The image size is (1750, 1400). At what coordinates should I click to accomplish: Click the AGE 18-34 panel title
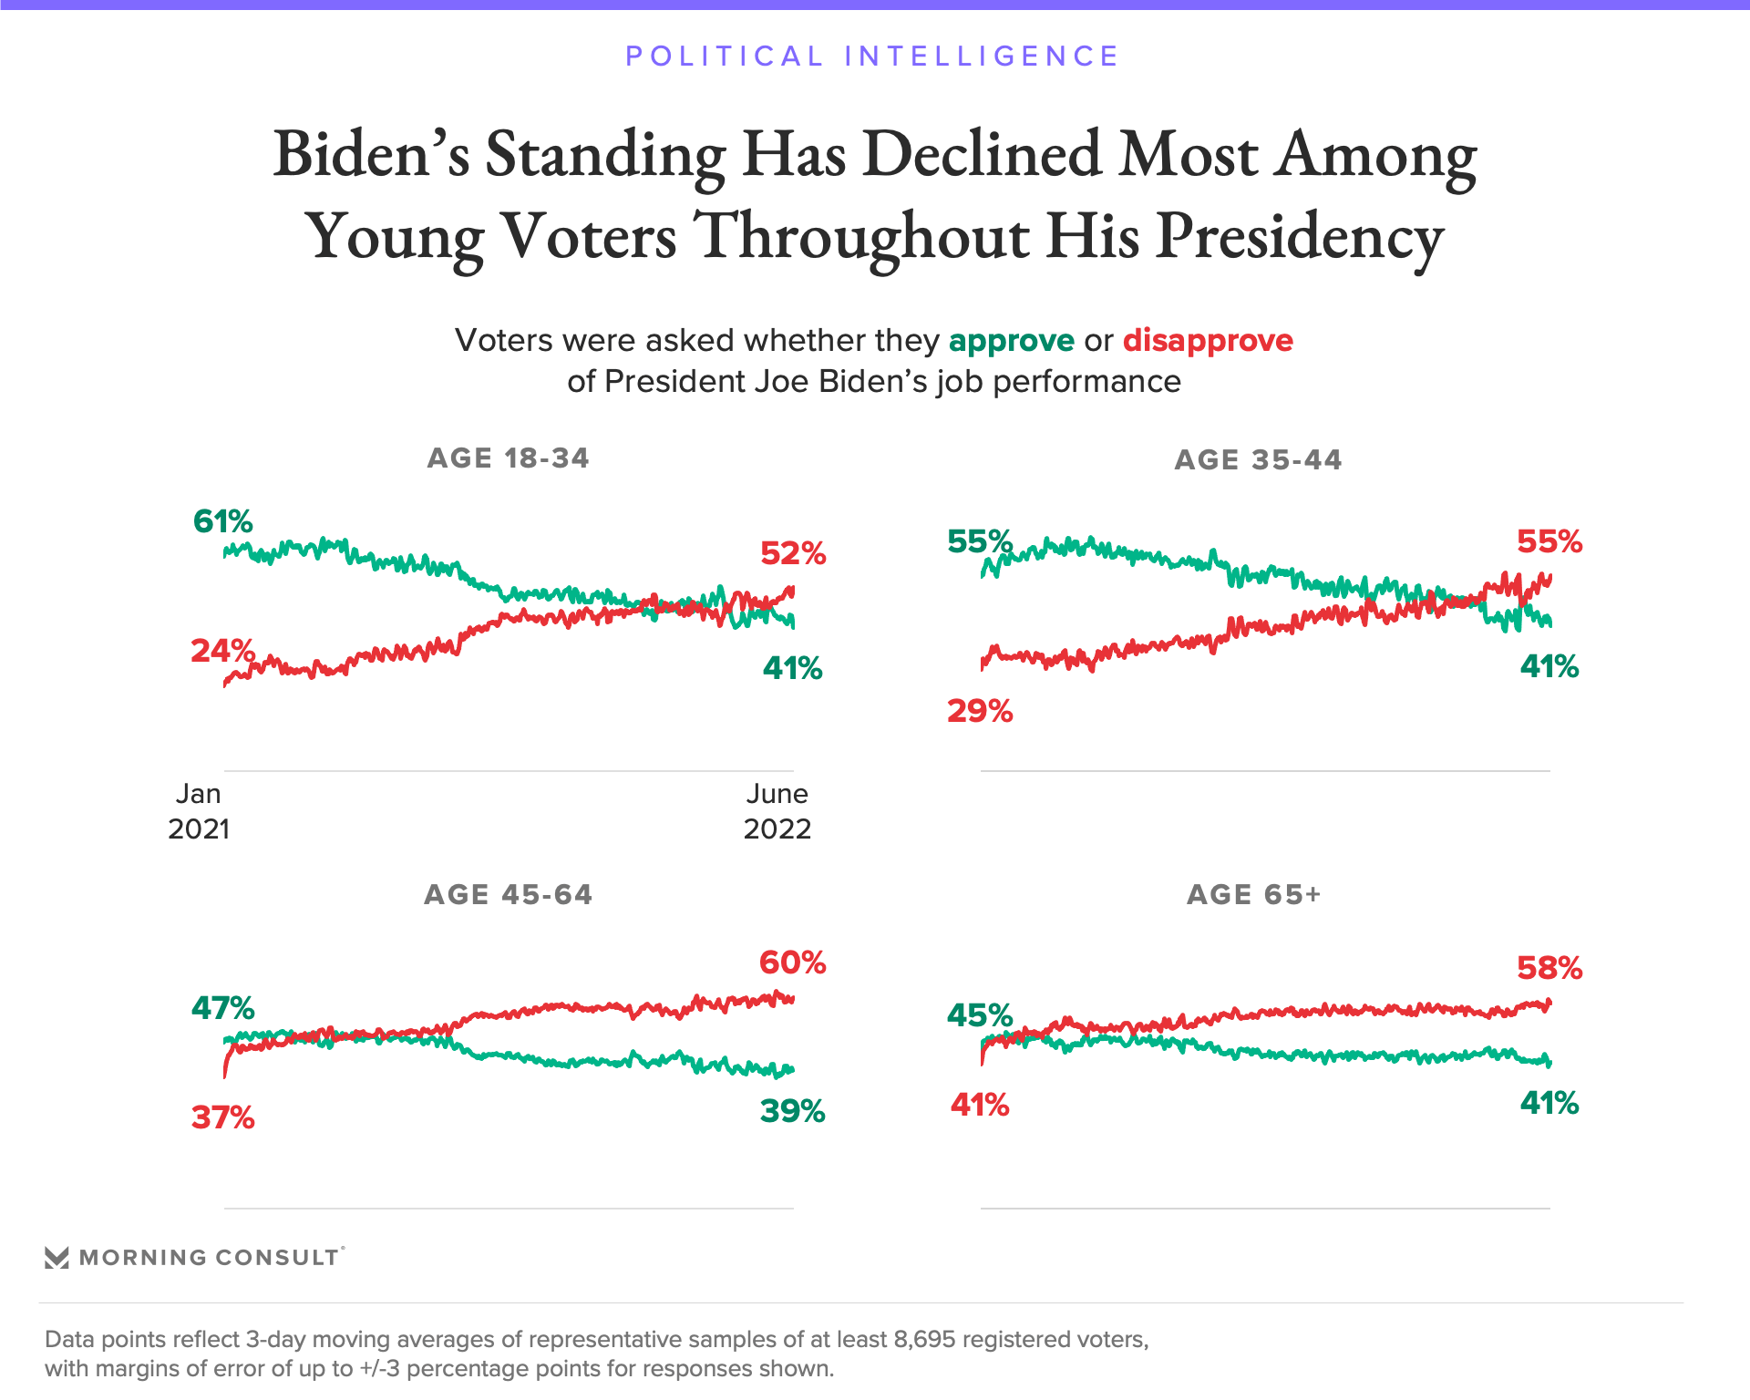(508, 458)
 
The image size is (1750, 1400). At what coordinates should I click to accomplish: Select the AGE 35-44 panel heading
(1258, 459)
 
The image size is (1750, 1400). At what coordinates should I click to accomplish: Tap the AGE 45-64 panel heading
(508, 894)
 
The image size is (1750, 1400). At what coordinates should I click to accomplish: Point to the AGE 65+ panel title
(1253, 894)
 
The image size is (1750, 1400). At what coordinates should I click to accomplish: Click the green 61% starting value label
(222, 521)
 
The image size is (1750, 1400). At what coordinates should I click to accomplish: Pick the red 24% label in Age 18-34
(222, 651)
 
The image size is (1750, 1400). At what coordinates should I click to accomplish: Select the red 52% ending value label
(793, 553)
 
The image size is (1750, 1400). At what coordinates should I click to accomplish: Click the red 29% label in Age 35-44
(980, 711)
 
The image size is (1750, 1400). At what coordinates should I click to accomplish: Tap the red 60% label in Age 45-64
(793, 962)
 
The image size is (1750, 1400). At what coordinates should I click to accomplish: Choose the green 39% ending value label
(793, 1111)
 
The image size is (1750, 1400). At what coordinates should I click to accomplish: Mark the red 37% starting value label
(222, 1117)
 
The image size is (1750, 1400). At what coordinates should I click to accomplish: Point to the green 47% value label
(222, 1008)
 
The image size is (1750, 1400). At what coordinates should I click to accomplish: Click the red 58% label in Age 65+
(1549, 968)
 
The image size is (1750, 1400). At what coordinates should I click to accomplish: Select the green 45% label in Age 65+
(980, 1015)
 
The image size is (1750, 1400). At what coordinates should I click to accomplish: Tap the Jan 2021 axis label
(199, 811)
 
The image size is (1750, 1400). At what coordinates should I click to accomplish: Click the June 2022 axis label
(777, 811)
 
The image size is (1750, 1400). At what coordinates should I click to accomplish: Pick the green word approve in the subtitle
(1012, 341)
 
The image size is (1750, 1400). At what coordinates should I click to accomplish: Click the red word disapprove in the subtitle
(1208, 341)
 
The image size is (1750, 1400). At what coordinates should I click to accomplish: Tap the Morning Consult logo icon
(57, 1258)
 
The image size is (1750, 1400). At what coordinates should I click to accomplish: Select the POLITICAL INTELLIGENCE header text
(872, 57)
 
